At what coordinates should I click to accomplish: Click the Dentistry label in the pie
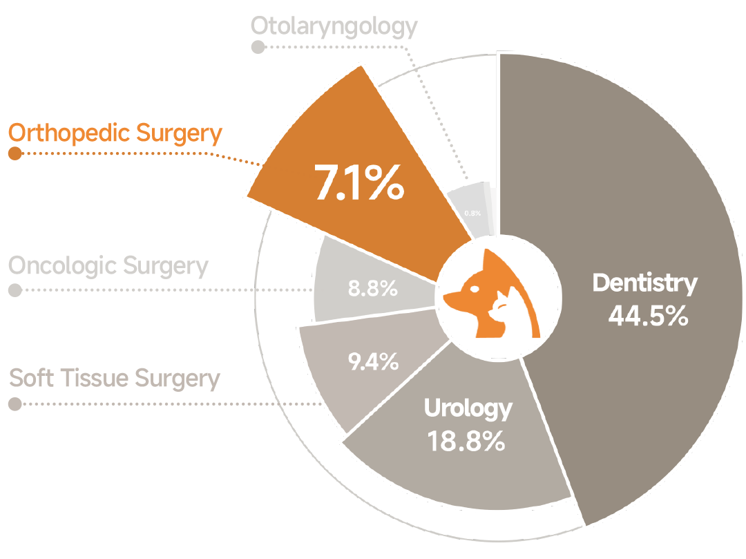point(645,283)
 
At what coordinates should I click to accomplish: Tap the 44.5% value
point(648,316)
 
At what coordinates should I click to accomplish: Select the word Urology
point(468,408)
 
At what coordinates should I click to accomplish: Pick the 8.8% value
point(372,289)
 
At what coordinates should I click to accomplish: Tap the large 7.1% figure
point(358,183)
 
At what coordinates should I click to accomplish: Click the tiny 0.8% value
point(472,213)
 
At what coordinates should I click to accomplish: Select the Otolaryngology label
point(334,26)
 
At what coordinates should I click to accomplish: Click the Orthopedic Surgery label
point(115,133)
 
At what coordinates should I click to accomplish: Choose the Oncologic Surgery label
point(108,265)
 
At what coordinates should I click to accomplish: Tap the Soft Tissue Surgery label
point(115,379)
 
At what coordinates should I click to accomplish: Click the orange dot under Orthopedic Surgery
point(15,153)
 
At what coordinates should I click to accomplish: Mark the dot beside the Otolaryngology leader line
point(258,47)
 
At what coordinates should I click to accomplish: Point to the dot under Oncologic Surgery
point(15,290)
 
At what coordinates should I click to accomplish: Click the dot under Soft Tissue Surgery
point(15,404)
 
